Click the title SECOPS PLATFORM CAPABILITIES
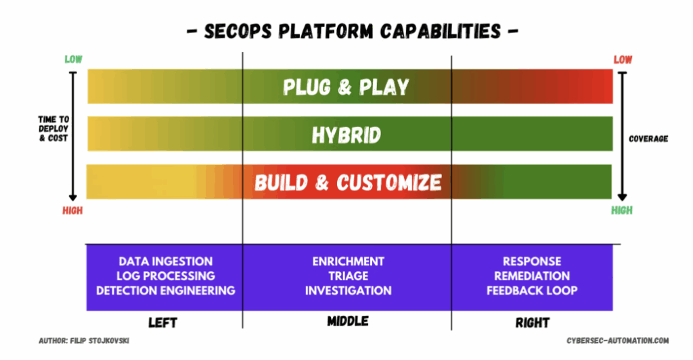(x=346, y=31)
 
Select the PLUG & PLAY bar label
(x=346, y=87)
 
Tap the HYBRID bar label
(x=346, y=135)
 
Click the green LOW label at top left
(x=73, y=60)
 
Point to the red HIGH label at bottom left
(x=72, y=210)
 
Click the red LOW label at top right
(x=623, y=60)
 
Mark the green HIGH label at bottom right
(x=622, y=210)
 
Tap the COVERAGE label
(x=648, y=139)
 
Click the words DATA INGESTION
(x=165, y=261)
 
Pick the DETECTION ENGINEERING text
(x=165, y=290)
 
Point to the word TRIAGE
(x=348, y=276)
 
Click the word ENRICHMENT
(x=348, y=261)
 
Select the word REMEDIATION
(x=531, y=276)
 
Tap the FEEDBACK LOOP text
(x=531, y=290)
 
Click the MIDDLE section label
(x=347, y=321)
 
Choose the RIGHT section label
(x=532, y=322)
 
